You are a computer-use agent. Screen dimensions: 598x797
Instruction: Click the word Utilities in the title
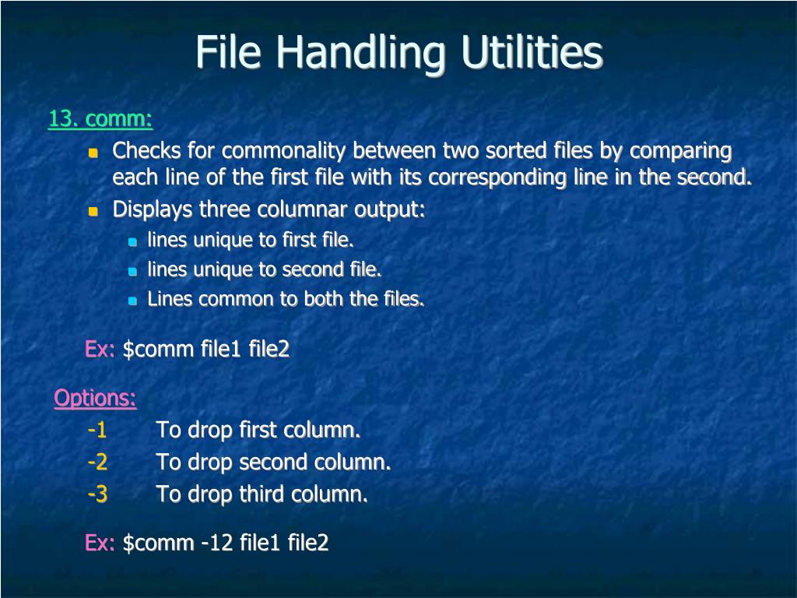click(x=532, y=52)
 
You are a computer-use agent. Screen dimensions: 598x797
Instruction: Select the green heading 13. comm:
click(x=100, y=119)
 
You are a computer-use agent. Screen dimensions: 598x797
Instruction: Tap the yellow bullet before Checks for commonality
click(x=93, y=152)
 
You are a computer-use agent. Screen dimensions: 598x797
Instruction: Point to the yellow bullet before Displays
click(x=93, y=211)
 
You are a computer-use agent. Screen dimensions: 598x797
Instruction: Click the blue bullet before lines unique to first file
click(x=132, y=241)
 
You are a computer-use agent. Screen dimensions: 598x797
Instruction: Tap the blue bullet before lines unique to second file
click(x=132, y=271)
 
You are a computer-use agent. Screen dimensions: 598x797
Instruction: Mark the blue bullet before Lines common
click(x=132, y=301)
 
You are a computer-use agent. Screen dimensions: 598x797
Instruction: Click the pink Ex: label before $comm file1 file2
click(x=100, y=350)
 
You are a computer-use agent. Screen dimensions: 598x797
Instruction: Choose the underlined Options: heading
click(x=95, y=399)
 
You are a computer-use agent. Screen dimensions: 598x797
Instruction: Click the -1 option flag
click(x=97, y=430)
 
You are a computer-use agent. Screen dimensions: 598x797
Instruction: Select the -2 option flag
click(x=97, y=463)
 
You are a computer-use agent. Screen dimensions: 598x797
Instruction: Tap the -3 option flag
click(x=97, y=494)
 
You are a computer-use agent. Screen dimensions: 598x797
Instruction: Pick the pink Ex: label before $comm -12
click(x=100, y=543)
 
